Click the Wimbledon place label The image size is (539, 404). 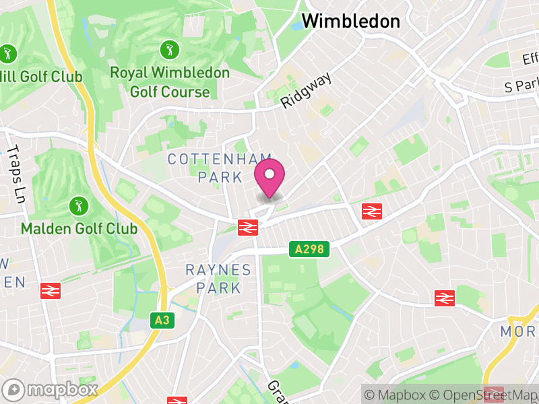pos(350,21)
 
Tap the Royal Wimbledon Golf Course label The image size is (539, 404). pos(169,81)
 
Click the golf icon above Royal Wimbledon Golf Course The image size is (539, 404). pos(168,49)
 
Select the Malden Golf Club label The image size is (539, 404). pos(79,228)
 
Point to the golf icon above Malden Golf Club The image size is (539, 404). pos(78,205)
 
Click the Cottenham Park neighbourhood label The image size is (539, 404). pos(205,168)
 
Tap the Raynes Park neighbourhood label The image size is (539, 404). pos(218,279)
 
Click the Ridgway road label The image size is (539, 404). pos(307,90)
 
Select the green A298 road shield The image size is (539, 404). pos(309,250)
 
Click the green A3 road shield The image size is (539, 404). pos(162,321)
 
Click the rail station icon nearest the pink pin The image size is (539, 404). pos(248,227)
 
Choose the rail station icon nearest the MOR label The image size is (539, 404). pos(444,297)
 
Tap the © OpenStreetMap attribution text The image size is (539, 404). pos(484,395)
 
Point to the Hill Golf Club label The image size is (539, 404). pos(42,77)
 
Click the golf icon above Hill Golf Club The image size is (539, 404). pos(8,53)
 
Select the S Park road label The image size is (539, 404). pos(521,87)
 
